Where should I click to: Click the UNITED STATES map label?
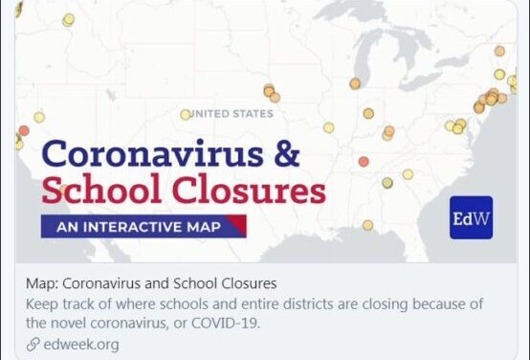(232, 114)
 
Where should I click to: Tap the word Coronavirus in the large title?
(158, 153)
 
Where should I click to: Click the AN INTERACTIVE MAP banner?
(139, 227)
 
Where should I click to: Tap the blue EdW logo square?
(470, 217)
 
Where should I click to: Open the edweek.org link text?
(80, 344)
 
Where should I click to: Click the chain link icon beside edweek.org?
(33, 344)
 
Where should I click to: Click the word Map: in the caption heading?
(43, 283)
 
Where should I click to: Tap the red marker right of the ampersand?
(364, 161)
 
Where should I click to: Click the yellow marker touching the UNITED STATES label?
(186, 114)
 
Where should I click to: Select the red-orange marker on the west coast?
(24, 130)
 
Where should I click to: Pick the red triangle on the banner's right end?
(238, 226)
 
